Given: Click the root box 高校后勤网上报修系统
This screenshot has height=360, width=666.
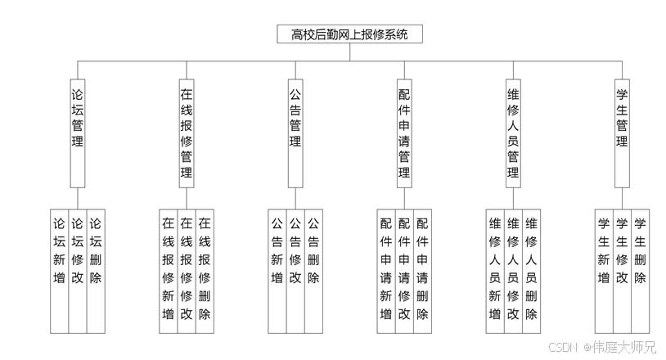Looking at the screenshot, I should pyautogui.click(x=350, y=34).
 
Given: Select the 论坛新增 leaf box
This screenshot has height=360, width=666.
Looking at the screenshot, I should pyautogui.click(x=59, y=270).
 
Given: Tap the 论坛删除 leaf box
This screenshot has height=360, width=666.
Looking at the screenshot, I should pyautogui.click(x=96, y=270).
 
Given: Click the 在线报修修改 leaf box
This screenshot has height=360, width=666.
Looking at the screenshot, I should pyautogui.click(x=187, y=270).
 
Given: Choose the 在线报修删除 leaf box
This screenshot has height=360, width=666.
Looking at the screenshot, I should pyautogui.click(x=205, y=270).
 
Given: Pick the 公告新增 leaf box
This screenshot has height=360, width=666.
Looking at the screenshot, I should pyautogui.click(x=277, y=270).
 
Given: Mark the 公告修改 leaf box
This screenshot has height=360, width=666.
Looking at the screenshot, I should pyautogui.click(x=295, y=270).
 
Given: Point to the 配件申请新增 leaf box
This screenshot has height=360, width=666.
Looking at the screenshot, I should pyautogui.click(x=386, y=270).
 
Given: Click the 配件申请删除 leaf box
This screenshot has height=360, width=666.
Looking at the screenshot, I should pyautogui.click(x=422, y=270).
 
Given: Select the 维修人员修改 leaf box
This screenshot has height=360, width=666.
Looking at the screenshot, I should pyautogui.click(x=513, y=270).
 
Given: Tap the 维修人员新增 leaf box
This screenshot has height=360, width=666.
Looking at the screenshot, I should pyautogui.click(x=495, y=270).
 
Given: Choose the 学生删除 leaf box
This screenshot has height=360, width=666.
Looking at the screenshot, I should pyautogui.click(x=640, y=270).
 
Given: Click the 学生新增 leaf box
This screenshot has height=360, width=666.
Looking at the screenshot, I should pyautogui.click(x=604, y=270).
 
